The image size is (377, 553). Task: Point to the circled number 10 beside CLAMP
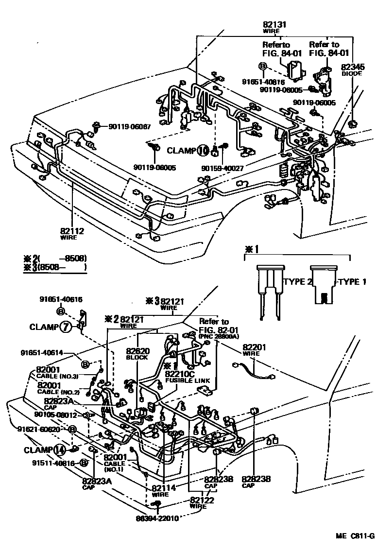[x=203, y=151]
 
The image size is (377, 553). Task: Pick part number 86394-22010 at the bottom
[x=157, y=518]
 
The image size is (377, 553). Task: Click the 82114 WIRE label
[x=163, y=490]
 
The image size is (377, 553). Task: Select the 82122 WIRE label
[x=202, y=502]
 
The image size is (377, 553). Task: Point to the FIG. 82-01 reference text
[x=214, y=329]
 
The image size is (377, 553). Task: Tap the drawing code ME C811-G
[x=354, y=536]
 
